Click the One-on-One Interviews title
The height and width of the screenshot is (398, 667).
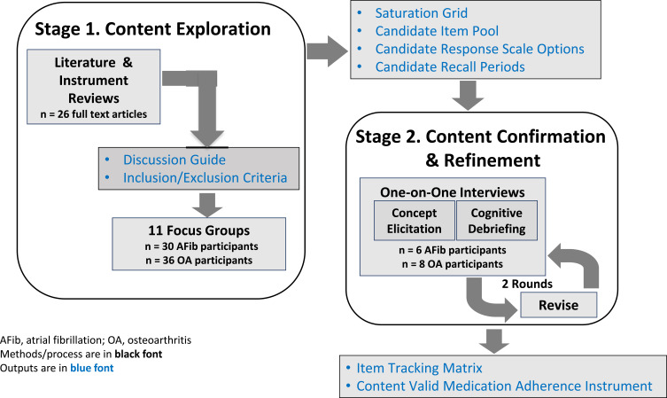[454, 191]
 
